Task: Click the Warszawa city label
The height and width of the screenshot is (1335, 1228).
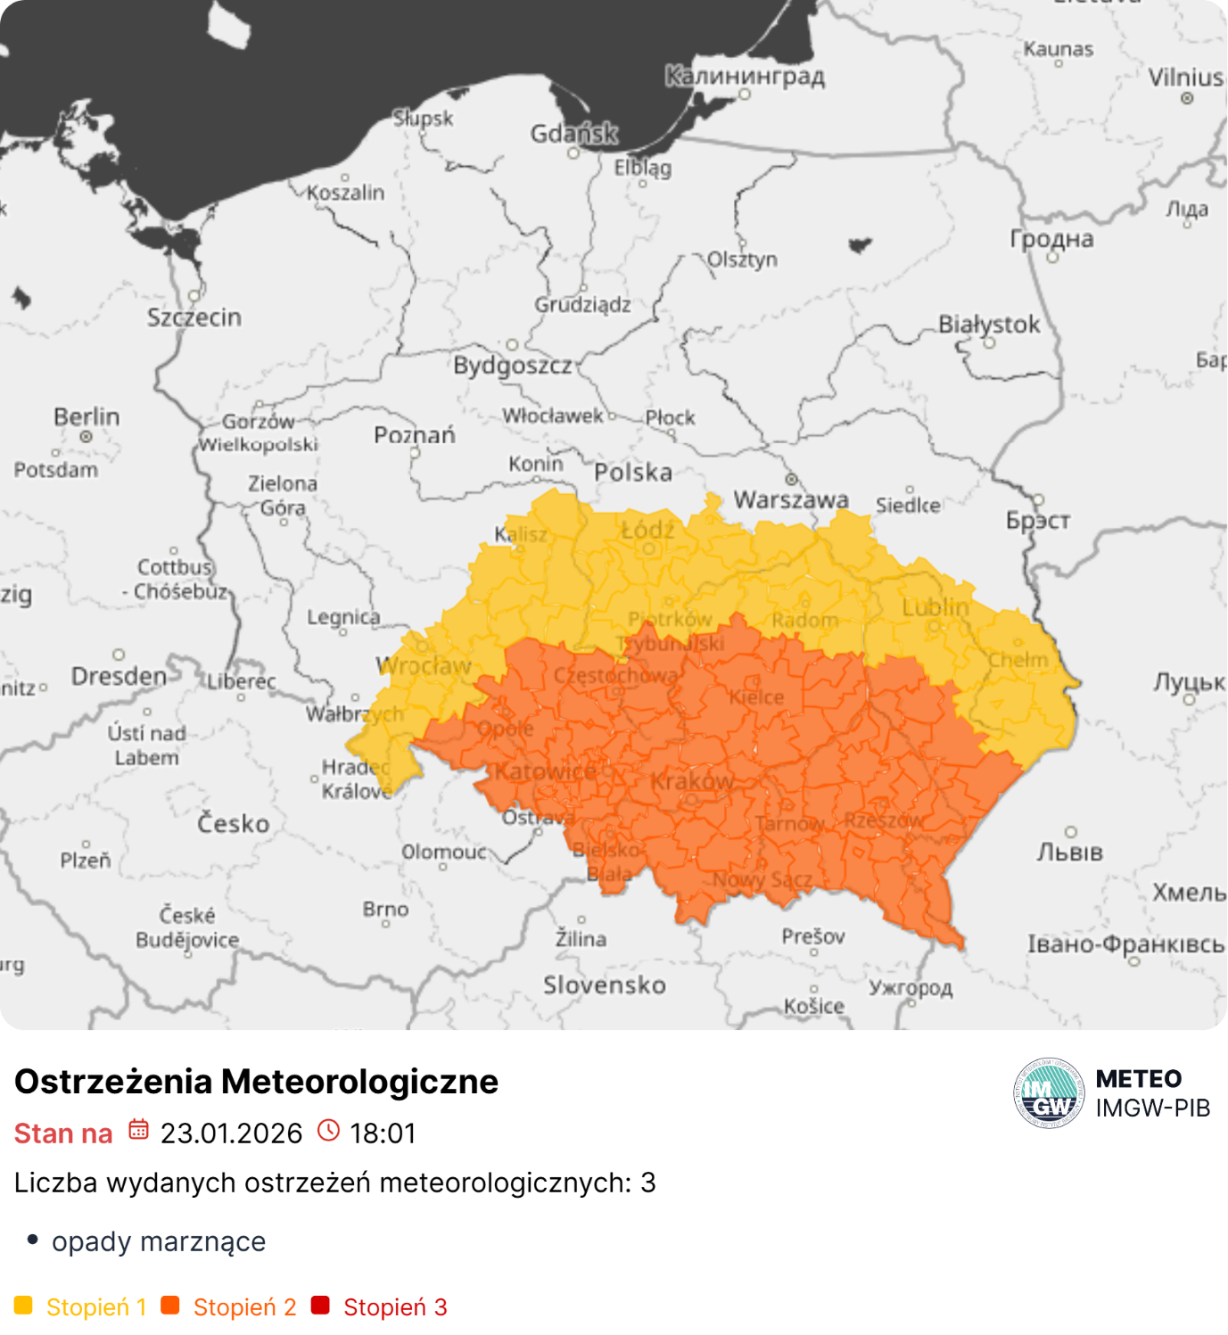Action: point(790,499)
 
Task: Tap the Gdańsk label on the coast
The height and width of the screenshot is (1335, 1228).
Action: point(573,134)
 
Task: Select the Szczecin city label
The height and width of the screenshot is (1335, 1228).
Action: point(194,317)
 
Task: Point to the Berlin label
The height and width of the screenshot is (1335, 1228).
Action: point(87,417)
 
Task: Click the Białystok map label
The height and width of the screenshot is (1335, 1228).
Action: point(988,325)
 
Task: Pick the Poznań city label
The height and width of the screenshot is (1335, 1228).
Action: point(415,435)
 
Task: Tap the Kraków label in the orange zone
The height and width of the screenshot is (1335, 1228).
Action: point(691,782)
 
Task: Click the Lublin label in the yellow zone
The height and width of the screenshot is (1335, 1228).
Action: point(935,607)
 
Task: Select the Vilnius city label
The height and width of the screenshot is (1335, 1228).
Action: point(1185,78)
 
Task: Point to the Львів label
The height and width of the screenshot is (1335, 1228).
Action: point(1069,853)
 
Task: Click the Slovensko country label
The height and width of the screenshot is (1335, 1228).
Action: point(605,985)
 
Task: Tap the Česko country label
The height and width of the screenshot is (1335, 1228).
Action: point(233,823)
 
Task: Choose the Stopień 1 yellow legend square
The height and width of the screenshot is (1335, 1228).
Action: point(24,1306)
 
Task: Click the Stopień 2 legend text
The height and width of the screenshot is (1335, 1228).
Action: point(244,1307)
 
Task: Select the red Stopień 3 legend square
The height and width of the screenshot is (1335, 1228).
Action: point(320,1306)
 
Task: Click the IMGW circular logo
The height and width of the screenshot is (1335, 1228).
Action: point(1049,1093)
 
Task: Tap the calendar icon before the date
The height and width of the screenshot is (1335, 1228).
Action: point(138,1130)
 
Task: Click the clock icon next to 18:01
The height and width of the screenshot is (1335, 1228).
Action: point(329,1130)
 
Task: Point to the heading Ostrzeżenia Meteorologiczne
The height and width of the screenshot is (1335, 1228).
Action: point(257,1082)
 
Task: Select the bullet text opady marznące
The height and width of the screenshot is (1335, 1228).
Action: point(159,1241)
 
